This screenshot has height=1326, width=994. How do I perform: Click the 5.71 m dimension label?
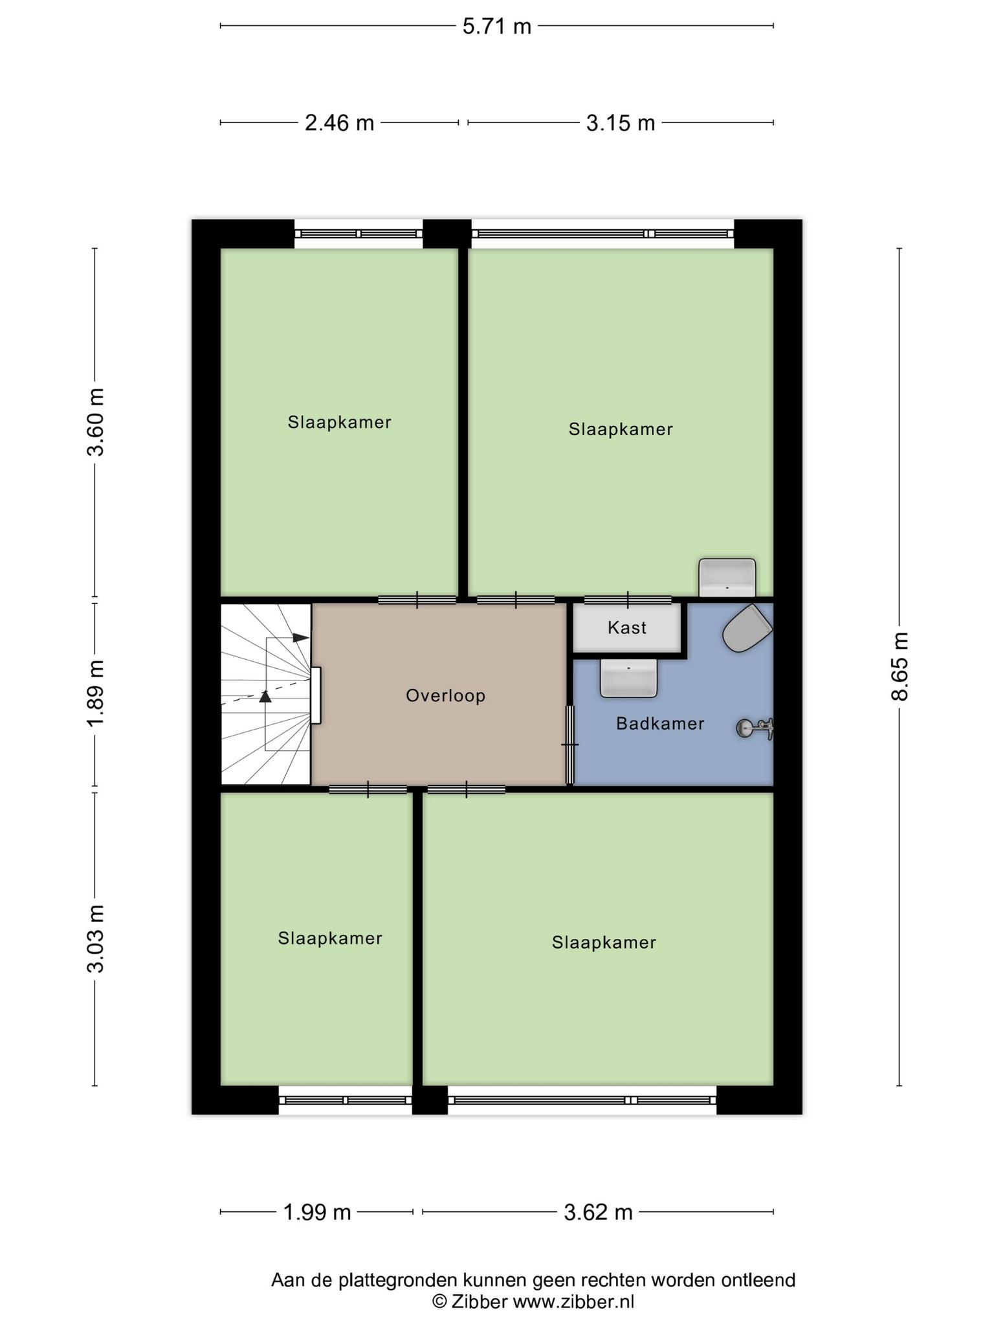point(497,27)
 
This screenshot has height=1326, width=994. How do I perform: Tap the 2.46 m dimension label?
point(340,122)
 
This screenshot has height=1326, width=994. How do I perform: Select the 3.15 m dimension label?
point(621,122)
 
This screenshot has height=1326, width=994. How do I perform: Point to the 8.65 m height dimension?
point(900,666)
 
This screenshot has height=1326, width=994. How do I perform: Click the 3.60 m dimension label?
point(96,422)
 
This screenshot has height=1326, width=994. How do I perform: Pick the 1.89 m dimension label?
point(96,694)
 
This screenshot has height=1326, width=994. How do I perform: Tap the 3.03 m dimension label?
point(96,939)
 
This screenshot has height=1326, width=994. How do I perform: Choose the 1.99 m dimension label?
point(317,1212)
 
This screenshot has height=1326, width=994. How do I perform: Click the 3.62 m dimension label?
point(598,1212)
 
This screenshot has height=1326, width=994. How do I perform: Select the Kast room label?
point(627,627)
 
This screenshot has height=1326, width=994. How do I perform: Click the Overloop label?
point(445,696)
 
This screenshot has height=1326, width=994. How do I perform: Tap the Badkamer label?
point(660,723)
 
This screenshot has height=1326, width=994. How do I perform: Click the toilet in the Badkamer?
point(747,628)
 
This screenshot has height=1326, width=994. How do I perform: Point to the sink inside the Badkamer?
point(628,678)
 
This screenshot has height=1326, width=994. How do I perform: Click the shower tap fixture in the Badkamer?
point(756,728)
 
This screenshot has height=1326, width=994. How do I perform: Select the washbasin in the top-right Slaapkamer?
point(727,578)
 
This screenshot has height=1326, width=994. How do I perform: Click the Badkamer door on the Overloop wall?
point(570,745)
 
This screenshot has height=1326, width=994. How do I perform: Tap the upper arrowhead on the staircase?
point(300,638)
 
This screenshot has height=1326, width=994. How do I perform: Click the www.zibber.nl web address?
point(573,1302)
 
